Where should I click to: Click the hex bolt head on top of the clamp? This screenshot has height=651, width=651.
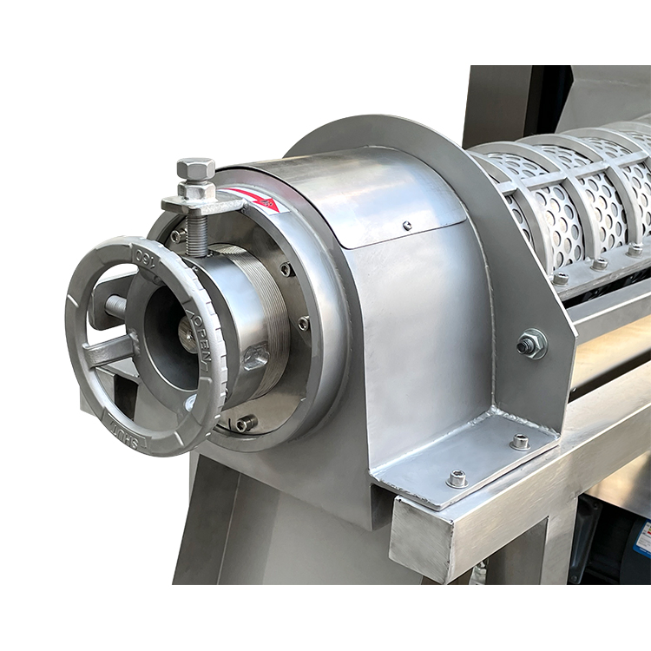[x=195, y=168]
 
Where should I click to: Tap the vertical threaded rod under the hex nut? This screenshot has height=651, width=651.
[x=197, y=234]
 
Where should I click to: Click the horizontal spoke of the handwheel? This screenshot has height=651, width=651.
[x=108, y=352]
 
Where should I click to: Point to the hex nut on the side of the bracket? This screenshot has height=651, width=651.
[x=531, y=345]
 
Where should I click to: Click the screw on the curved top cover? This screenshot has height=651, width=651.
[x=407, y=226]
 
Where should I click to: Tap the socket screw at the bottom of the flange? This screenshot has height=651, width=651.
[x=246, y=424]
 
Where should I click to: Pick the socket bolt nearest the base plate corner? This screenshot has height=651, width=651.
[x=457, y=478]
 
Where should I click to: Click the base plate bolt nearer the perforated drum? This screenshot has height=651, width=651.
[x=520, y=442]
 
